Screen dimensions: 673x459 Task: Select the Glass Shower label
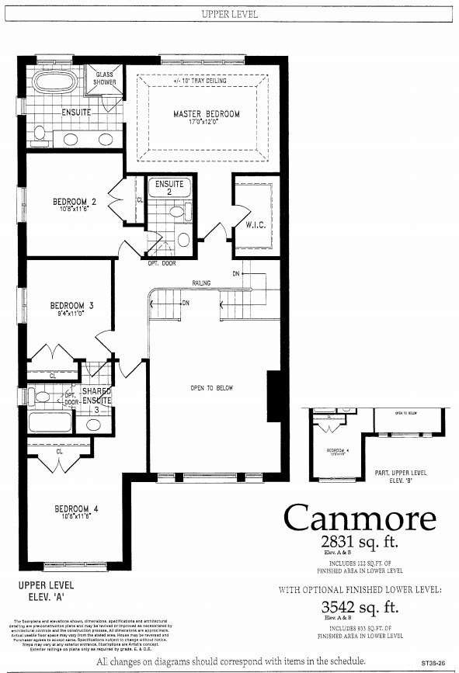pyautogui.click(x=105, y=78)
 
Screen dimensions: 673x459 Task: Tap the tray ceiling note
pyautogui.click(x=201, y=79)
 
